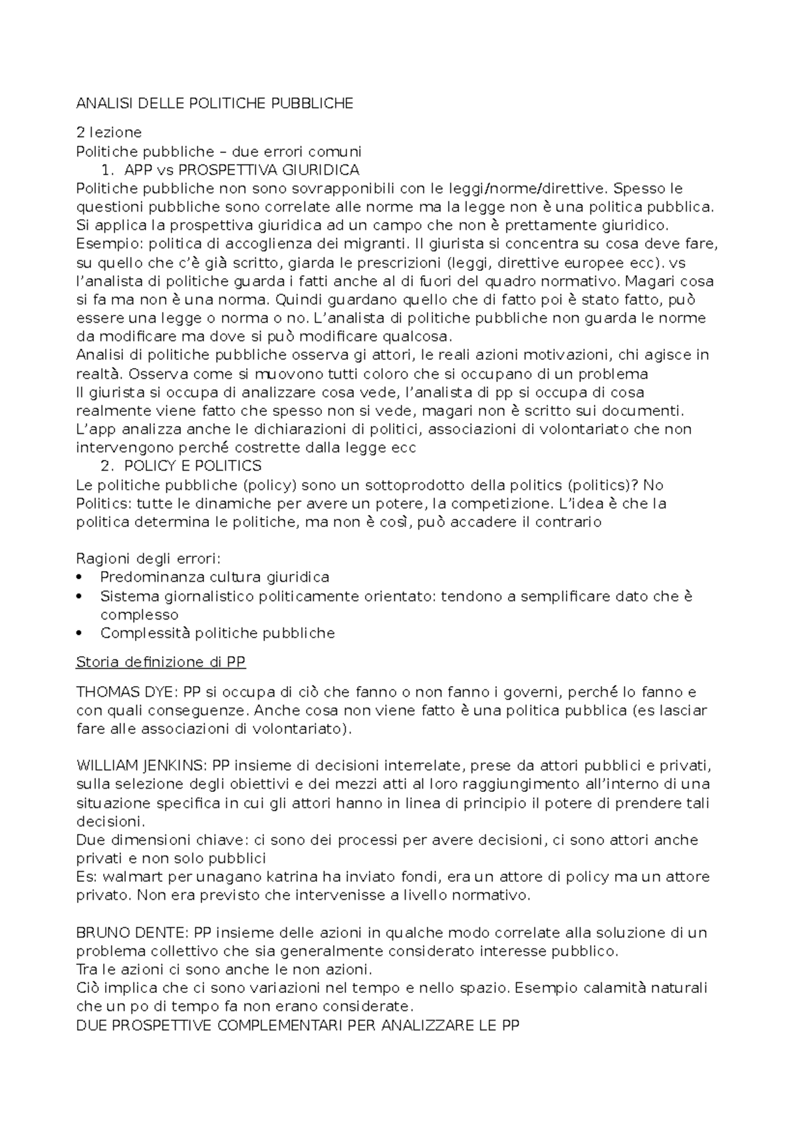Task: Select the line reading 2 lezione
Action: [x=109, y=132]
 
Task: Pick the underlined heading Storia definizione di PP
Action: [x=161, y=662]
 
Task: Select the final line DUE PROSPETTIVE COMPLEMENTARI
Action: [x=297, y=1026]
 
